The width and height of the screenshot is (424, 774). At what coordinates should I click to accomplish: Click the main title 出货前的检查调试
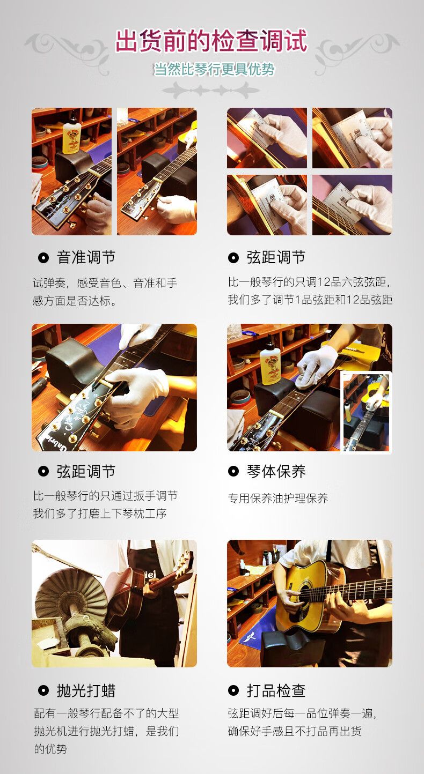[x=211, y=41]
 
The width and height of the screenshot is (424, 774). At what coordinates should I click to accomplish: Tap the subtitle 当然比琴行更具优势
[x=214, y=70]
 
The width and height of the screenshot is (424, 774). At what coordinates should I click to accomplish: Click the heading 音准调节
[x=86, y=257]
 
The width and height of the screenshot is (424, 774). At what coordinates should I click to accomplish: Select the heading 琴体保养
[x=276, y=471]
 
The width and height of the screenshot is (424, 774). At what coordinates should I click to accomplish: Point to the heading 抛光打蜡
[x=86, y=691]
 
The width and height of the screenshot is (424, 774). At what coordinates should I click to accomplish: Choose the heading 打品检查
[x=276, y=691]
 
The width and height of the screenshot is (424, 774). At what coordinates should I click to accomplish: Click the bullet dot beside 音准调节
[x=43, y=258]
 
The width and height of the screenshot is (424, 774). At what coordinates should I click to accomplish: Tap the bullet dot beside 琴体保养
[x=233, y=471]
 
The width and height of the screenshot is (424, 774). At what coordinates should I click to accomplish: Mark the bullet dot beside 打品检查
[x=233, y=691]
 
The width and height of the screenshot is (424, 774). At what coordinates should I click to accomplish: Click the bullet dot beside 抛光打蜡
[x=43, y=691]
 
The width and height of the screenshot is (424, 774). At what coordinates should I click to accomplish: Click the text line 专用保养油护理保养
[x=278, y=498]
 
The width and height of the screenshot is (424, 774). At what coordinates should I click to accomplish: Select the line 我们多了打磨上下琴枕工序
[x=100, y=513]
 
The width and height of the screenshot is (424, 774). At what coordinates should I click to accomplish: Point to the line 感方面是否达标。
[x=75, y=301]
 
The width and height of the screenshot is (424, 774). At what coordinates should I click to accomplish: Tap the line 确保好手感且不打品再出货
[x=295, y=731]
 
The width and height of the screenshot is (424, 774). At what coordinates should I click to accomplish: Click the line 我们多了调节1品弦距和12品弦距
[x=310, y=300]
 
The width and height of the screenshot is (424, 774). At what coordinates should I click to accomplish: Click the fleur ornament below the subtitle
[x=211, y=90]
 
